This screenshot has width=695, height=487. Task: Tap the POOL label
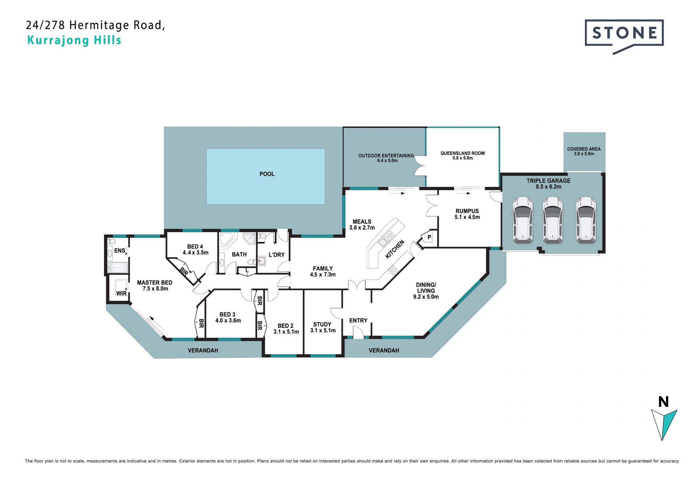[267, 174]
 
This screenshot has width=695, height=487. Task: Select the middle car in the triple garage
[552, 220]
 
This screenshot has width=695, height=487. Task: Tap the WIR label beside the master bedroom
[121, 293]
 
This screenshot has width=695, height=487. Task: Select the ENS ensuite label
[119, 250]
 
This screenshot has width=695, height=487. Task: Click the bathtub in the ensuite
[118, 267]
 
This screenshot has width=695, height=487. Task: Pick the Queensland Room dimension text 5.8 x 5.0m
[463, 158]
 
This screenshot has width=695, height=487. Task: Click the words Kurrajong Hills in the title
[74, 40]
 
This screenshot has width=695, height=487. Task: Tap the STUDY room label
[322, 324]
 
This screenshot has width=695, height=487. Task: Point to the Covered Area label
[584, 149]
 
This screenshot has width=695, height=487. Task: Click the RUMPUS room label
[467, 211]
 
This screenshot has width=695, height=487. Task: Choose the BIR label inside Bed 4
[184, 271]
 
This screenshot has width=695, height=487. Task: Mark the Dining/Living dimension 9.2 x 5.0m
[426, 297]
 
